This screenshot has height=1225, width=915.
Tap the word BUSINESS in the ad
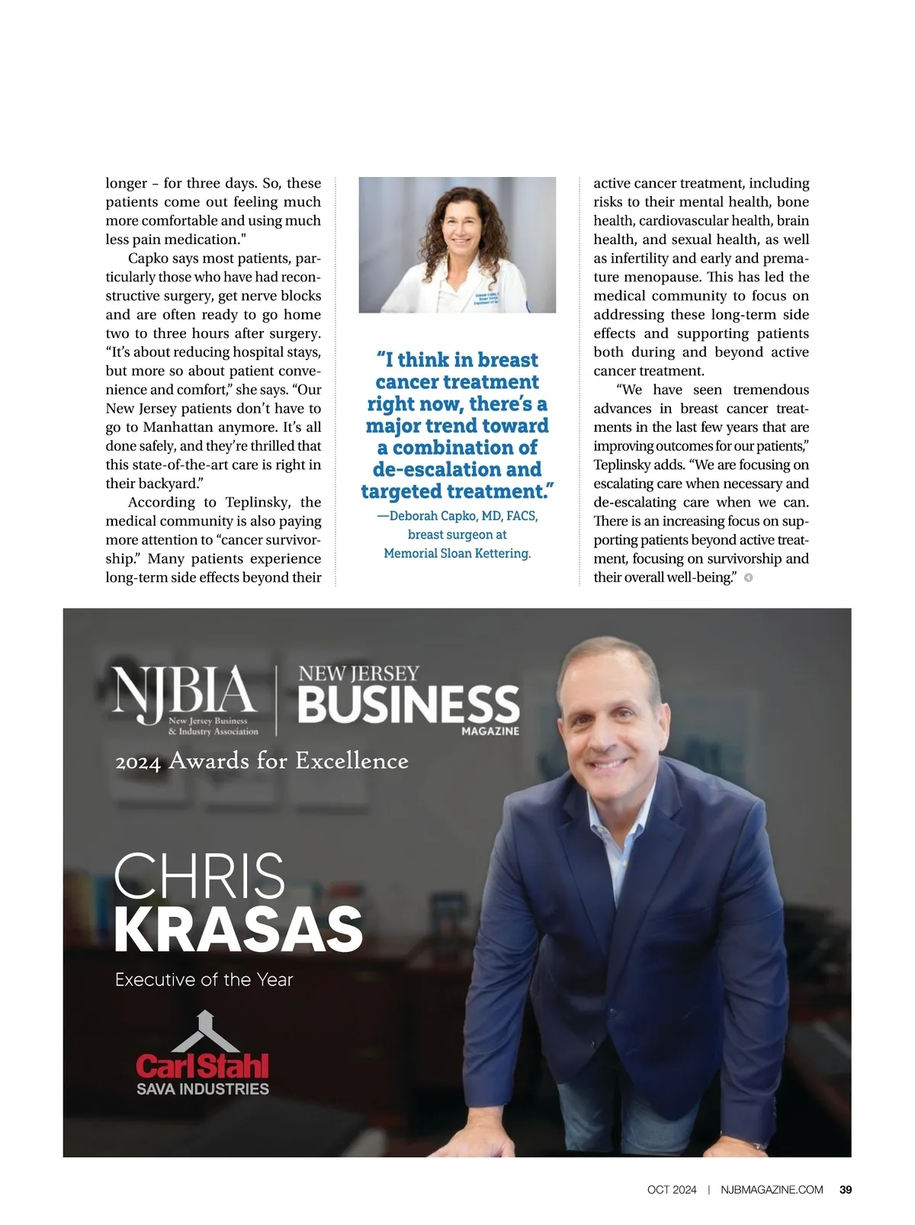click(409, 704)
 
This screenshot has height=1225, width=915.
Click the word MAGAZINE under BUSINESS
click(490, 731)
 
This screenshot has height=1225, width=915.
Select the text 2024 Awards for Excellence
click(262, 760)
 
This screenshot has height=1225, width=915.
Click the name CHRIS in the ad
click(199, 876)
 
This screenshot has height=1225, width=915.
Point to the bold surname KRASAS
click(238, 929)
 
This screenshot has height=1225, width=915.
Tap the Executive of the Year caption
click(204, 979)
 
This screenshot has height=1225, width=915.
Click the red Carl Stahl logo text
click(202, 1066)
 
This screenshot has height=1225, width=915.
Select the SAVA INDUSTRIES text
click(202, 1089)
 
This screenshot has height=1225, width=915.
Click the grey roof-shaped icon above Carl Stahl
click(206, 1031)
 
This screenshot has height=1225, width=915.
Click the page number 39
click(846, 1189)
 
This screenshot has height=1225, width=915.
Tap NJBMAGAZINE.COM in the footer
click(772, 1189)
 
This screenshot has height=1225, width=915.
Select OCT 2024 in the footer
click(672, 1189)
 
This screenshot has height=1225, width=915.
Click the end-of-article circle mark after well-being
click(748, 577)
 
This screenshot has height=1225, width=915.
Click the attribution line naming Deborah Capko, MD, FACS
click(457, 516)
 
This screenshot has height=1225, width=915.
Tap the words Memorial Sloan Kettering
click(457, 553)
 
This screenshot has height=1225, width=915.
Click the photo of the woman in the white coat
click(457, 245)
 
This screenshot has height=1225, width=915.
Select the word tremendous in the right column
click(771, 390)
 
